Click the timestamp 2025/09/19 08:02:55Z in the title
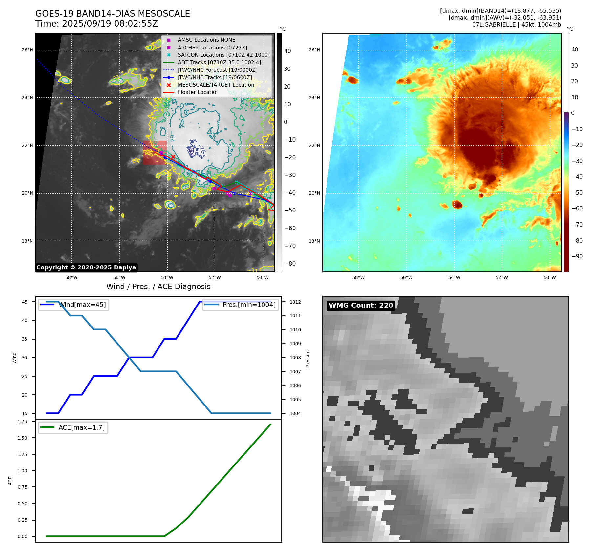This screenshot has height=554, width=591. (110, 24)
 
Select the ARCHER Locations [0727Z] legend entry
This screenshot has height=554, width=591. (212, 48)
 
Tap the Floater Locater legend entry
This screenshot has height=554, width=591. (197, 92)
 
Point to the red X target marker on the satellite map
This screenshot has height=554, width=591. (173, 157)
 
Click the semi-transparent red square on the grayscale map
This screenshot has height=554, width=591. (155, 152)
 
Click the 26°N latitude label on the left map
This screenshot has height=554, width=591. (27, 50)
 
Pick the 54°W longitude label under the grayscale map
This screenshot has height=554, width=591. (167, 277)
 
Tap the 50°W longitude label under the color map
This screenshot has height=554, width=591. (550, 277)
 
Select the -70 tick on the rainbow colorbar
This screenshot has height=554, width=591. (577, 225)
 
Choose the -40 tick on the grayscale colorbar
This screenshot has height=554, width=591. (290, 193)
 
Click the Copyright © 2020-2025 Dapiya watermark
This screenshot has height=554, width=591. (86, 267)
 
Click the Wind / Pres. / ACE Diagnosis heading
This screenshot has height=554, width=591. (158, 287)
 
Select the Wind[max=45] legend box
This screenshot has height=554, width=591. (74, 305)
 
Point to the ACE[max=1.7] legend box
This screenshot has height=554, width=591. (73, 427)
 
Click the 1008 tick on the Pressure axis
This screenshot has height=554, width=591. (295, 358)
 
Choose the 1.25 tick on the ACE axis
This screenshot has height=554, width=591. (22, 454)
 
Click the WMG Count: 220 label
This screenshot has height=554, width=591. (361, 306)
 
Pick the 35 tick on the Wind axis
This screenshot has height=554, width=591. (25, 339)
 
